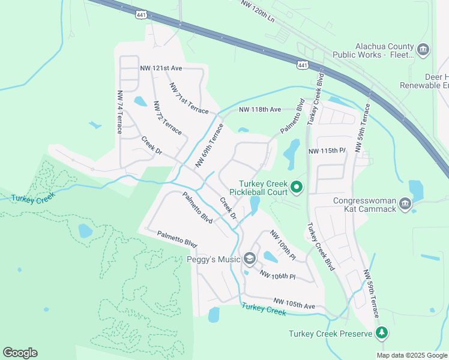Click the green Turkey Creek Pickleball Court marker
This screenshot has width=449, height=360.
297,188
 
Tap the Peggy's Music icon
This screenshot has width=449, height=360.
250,259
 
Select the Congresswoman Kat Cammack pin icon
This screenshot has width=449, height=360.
405,205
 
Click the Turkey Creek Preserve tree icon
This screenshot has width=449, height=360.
381,333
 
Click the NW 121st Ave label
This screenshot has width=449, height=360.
160,69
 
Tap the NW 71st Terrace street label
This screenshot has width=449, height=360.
188,98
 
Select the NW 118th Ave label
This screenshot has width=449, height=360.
260,110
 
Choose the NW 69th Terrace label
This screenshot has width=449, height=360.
209,146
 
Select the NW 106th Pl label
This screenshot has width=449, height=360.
277,274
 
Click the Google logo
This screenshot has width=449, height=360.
20,353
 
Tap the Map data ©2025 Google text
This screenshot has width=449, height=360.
412,355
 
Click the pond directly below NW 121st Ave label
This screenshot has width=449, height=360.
140,101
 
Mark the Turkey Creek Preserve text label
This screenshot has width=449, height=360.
331,334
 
